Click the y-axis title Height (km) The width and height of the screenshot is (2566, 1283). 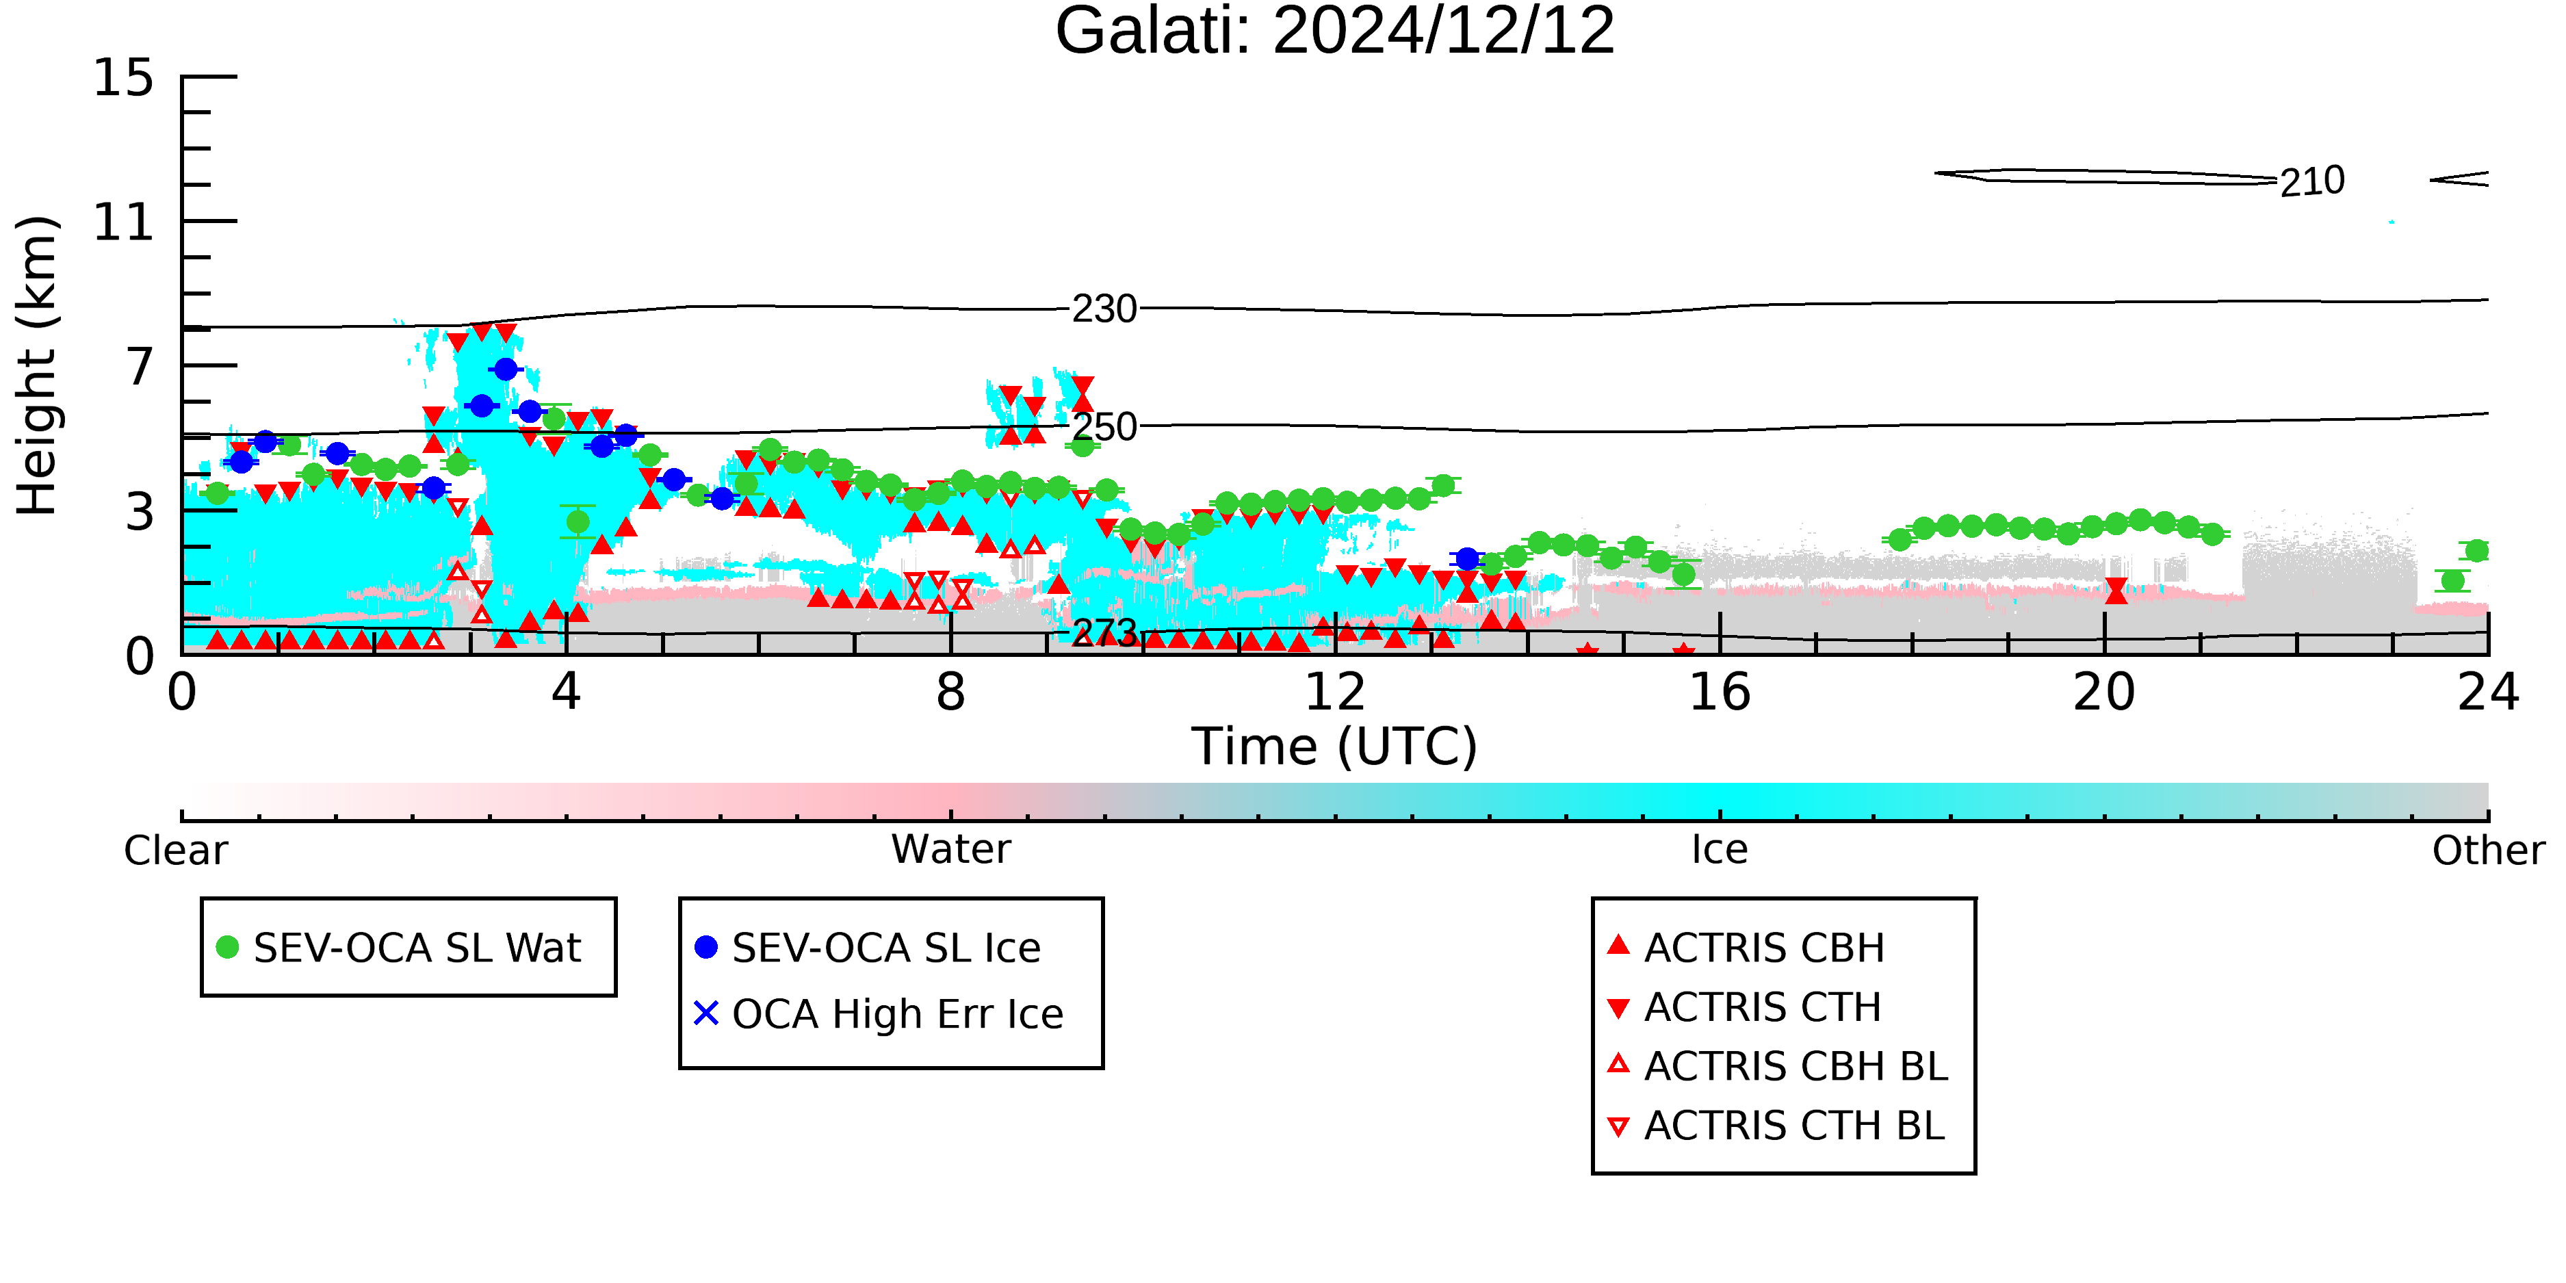[37, 365]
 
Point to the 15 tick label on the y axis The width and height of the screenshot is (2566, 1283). [124, 78]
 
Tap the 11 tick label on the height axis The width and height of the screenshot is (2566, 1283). [124, 222]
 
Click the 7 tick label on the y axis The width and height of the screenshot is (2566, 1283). [140, 367]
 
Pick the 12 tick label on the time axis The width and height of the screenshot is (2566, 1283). [1335, 692]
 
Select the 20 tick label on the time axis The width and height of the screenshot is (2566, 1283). [2104, 692]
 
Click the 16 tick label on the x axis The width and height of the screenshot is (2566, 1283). [1720, 692]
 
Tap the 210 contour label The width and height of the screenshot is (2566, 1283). [2312, 182]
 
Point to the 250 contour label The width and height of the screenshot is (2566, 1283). [1104, 428]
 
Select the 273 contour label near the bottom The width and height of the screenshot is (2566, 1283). [1104, 632]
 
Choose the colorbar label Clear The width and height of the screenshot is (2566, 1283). [175, 851]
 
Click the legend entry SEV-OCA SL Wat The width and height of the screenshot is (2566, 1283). [417, 947]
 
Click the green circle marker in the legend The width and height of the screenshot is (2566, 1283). [227, 947]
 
